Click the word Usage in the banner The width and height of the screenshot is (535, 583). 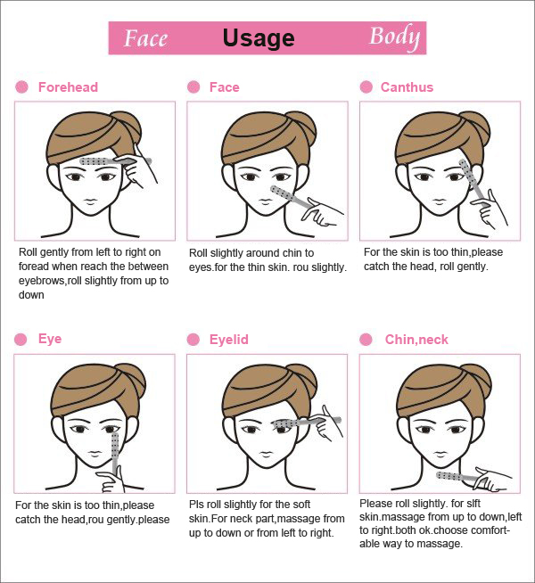tap(259, 38)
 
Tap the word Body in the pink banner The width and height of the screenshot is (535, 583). tap(395, 37)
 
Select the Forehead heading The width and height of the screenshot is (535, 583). tap(68, 87)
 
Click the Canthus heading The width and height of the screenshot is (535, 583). tap(407, 87)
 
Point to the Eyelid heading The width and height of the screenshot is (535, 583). tap(228, 340)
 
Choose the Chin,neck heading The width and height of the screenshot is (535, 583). tap(416, 340)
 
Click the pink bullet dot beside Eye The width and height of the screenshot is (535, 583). tap(21, 339)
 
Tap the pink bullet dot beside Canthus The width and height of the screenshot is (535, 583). tap(366, 87)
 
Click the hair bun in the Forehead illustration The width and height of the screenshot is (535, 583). tap(129, 127)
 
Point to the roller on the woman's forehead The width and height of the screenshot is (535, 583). tap(115, 161)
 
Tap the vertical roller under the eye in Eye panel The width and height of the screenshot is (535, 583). tap(115, 452)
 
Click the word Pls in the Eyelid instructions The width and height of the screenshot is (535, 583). tap(196, 505)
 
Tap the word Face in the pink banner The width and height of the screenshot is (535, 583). tap(145, 38)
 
